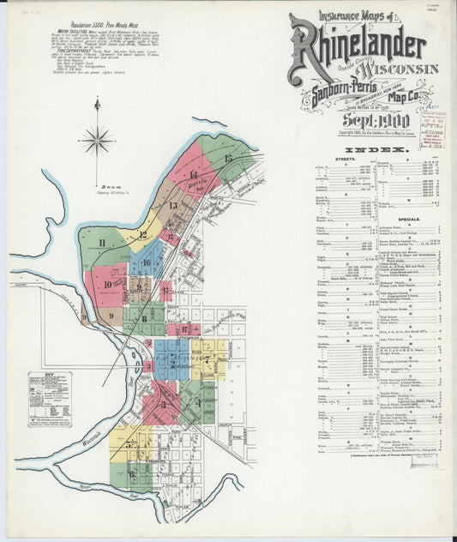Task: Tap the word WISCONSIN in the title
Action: point(401,69)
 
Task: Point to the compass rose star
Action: point(97,138)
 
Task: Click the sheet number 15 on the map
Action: point(228,159)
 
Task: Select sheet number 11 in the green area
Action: point(101,244)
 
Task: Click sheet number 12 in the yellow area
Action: point(143,235)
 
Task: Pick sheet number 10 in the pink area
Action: point(109,284)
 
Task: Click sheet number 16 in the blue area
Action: point(147,263)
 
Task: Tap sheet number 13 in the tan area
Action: point(172,206)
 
